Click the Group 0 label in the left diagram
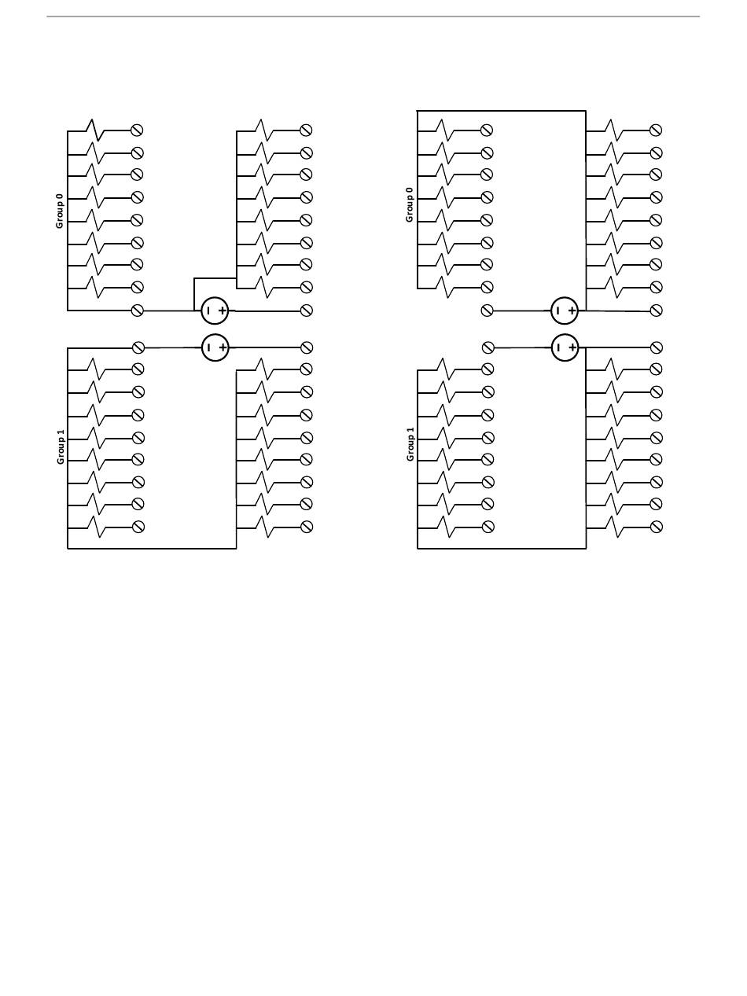coord(60,211)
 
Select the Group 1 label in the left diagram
coord(61,446)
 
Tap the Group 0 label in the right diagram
coord(410,204)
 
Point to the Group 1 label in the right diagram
coord(410,444)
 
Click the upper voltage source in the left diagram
coord(215,311)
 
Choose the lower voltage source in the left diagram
coord(215,347)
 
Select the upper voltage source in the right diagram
coord(565,311)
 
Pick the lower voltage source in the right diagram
coord(565,347)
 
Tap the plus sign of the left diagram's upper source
coord(223,311)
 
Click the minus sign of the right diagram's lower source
coord(558,347)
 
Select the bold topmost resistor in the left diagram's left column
coord(95,130)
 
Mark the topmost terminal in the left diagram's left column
coord(137,130)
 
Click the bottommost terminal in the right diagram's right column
coord(657,527)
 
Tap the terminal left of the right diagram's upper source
coord(488,311)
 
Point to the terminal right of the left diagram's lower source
coord(307,347)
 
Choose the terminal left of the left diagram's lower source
coord(138,347)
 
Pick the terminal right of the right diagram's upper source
coord(657,311)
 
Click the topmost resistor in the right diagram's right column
coord(613,130)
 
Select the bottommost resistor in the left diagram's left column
coord(96,527)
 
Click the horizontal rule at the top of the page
coord(373,16)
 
